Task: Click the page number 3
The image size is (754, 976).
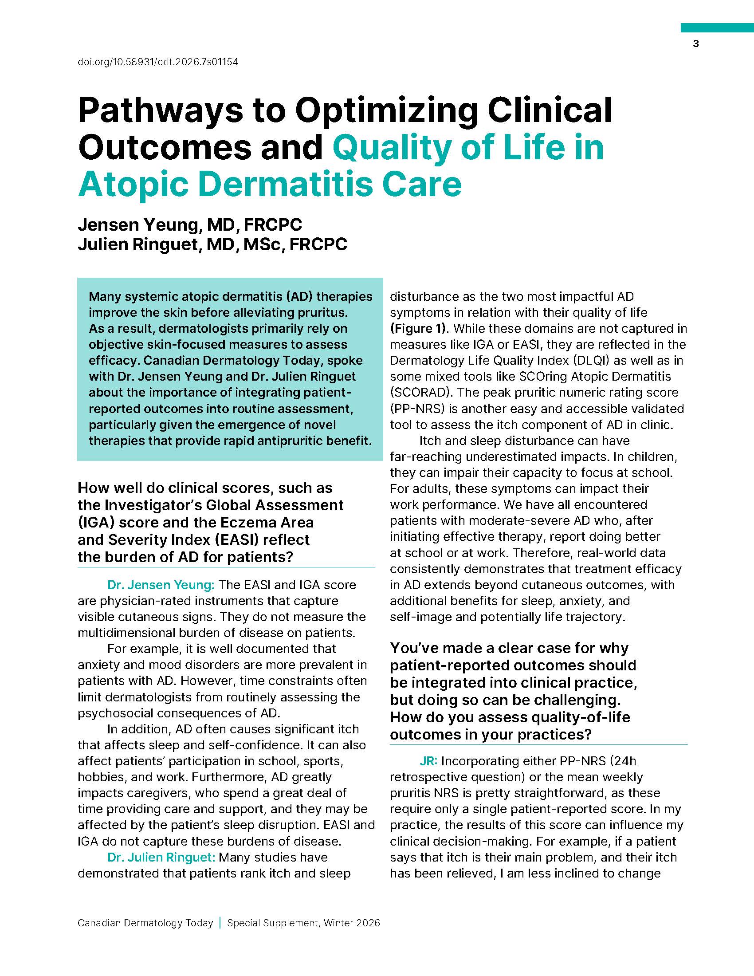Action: [695, 44]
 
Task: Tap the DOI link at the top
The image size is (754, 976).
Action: [158, 62]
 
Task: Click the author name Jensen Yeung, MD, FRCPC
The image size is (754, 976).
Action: [190, 224]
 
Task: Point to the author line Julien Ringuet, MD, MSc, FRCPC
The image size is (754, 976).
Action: [212, 244]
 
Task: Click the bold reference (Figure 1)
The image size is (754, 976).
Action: [419, 328]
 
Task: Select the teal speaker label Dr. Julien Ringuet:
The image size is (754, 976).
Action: [161, 857]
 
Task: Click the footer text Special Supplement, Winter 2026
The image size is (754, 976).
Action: [303, 923]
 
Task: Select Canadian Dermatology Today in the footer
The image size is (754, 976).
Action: [145, 923]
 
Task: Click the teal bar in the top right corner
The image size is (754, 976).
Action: [716, 28]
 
